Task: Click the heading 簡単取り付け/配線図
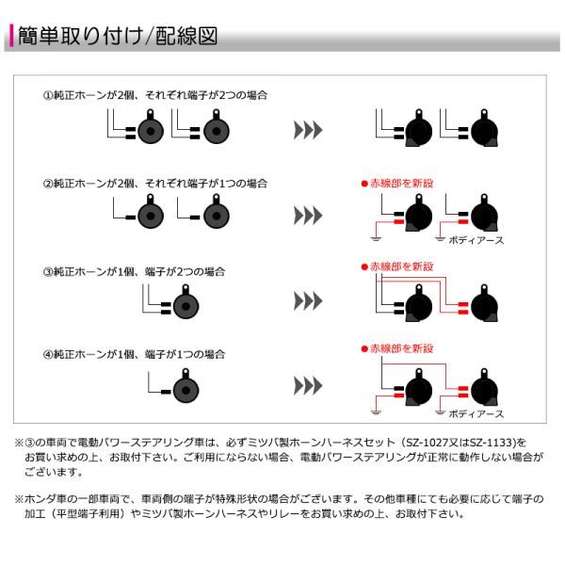(x=119, y=37)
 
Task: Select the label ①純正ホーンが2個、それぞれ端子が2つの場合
(x=155, y=95)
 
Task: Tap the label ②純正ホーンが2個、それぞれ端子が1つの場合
(x=155, y=184)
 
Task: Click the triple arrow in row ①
(x=308, y=129)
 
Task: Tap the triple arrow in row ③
(x=308, y=301)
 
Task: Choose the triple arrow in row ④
(x=308, y=386)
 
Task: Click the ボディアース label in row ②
(x=476, y=241)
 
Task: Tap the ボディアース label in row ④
(x=476, y=413)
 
